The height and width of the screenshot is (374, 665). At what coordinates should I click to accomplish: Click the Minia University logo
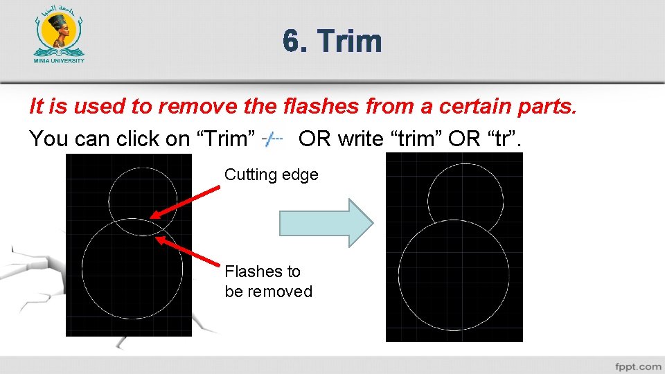tap(59, 35)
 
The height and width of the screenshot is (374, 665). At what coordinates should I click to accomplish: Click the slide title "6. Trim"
tap(332, 41)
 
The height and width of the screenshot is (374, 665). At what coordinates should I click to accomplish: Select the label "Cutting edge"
tap(271, 175)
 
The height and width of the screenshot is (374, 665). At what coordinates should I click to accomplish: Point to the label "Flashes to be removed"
tap(268, 281)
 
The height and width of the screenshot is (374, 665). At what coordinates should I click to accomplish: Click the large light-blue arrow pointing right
tap(326, 223)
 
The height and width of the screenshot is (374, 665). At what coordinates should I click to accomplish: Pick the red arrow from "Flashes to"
tap(190, 252)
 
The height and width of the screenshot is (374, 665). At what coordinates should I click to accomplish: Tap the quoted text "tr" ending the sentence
tap(505, 139)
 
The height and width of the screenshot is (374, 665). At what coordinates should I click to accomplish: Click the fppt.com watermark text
tap(637, 366)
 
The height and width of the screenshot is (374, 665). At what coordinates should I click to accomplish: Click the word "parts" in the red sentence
tap(549, 106)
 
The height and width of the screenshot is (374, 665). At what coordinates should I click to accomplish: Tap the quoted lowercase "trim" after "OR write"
tap(418, 139)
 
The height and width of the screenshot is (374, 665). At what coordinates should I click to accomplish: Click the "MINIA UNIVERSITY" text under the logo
tap(59, 60)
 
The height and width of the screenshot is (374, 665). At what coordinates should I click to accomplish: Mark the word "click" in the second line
tap(142, 139)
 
